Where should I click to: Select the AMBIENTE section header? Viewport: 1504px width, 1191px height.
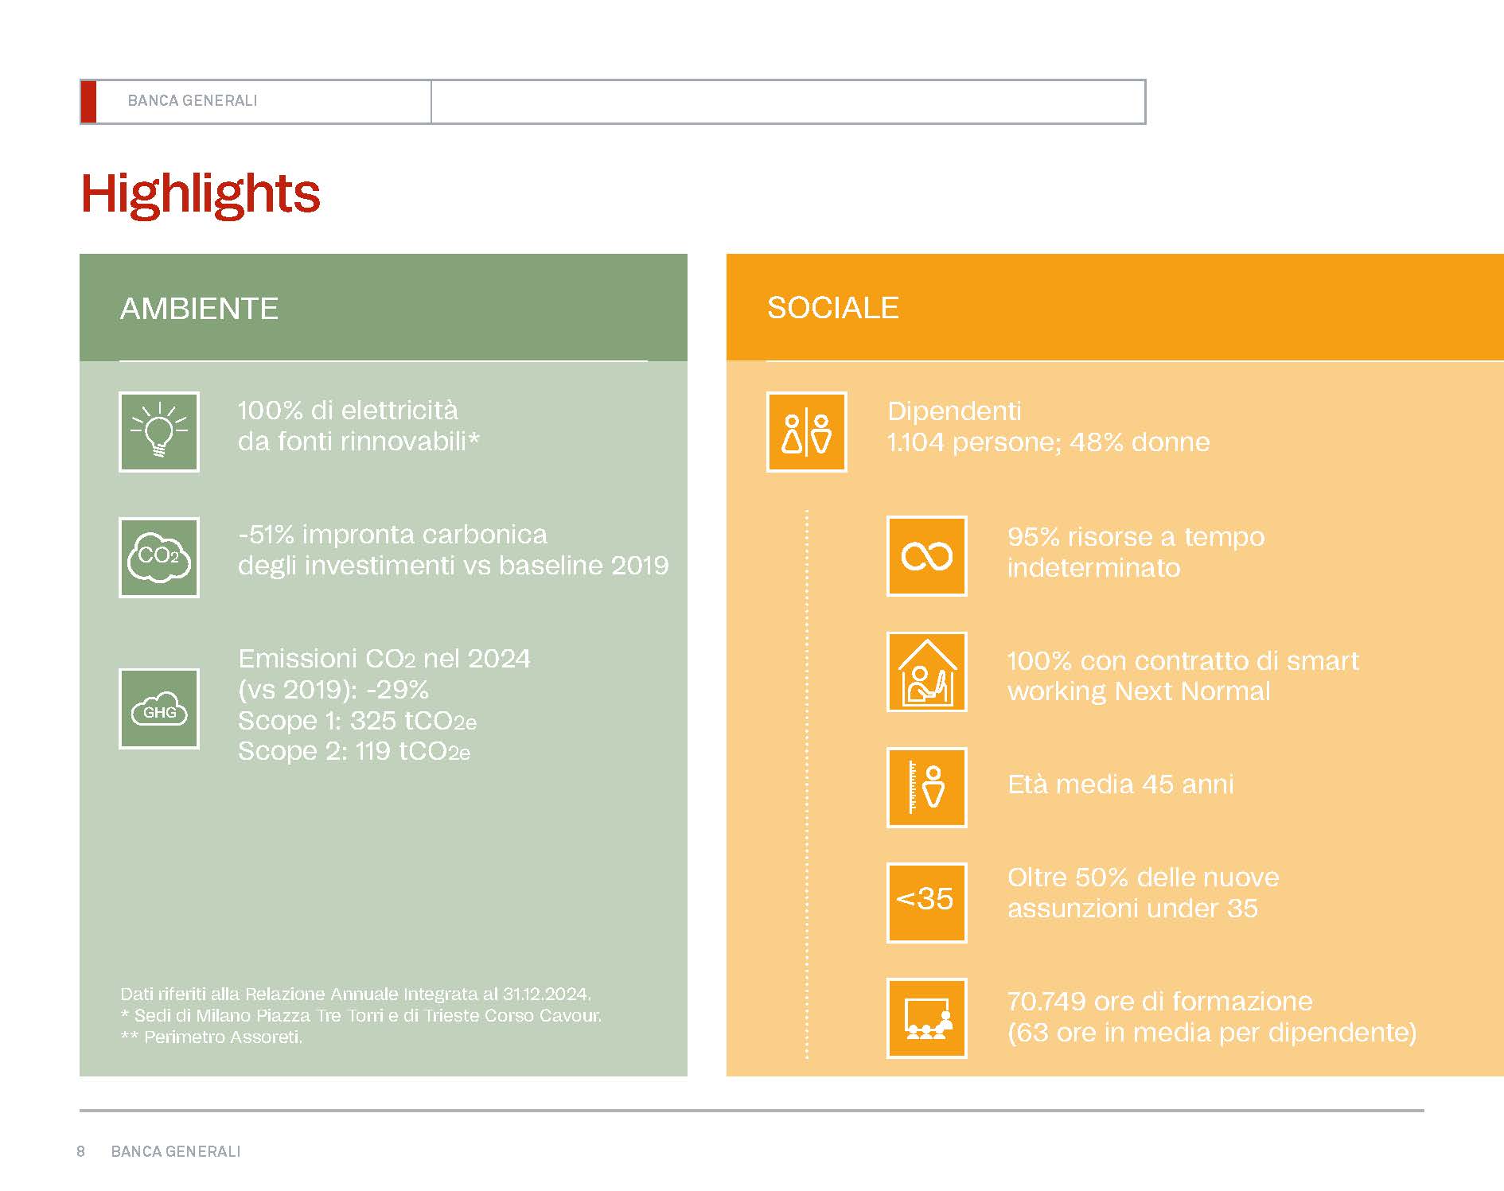tap(199, 309)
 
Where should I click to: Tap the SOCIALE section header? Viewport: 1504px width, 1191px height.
tap(832, 308)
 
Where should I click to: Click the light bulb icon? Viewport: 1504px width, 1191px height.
tap(159, 432)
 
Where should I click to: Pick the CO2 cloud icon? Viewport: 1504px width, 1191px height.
tap(159, 558)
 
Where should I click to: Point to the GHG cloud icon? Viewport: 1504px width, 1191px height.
tap(159, 709)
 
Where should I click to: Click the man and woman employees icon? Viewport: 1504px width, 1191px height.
tap(806, 432)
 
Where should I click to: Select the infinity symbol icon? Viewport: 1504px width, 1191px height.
tap(926, 556)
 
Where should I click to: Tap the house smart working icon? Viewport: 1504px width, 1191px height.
tap(926, 671)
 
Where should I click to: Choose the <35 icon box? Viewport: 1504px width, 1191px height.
tap(926, 903)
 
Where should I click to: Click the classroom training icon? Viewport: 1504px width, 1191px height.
tap(926, 1018)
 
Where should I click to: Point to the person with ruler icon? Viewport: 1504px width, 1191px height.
tap(926, 788)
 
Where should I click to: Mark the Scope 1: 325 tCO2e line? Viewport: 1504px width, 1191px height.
tap(357, 721)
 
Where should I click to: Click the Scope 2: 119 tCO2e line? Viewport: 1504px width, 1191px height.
tap(354, 751)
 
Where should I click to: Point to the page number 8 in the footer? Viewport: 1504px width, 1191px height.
tap(80, 1151)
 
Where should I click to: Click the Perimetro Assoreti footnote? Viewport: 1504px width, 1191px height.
tap(212, 1037)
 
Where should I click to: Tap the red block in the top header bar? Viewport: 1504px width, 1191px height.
tap(88, 102)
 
